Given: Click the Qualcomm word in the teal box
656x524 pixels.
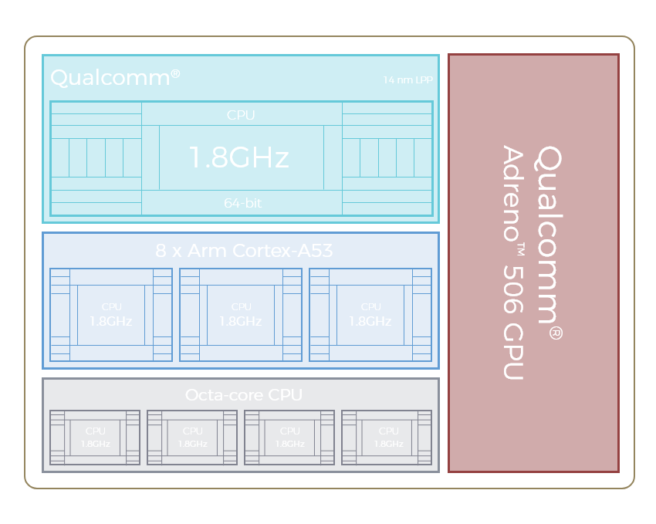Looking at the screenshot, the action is click(110, 78).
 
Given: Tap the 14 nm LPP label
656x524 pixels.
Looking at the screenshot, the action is click(408, 80).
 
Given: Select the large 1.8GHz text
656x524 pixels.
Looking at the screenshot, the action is click(239, 157).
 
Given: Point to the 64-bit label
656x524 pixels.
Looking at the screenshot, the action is click(242, 203).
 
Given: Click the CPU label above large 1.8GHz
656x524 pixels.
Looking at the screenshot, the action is click(241, 115).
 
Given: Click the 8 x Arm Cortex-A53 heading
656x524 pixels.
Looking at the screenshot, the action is click(244, 251).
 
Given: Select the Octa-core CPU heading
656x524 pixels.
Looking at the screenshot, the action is click(243, 395).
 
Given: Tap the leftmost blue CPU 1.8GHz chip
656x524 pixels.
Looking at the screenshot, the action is click(111, 315).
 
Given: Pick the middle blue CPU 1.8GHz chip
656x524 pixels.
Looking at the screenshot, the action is click(241, 315).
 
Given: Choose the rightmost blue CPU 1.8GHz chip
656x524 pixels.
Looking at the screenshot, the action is click(370, 315).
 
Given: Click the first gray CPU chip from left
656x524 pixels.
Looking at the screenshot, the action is click(95, 438).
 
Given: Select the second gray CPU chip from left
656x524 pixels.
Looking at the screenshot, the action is click(192, 438).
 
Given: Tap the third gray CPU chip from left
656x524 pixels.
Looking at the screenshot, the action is click(289, 438).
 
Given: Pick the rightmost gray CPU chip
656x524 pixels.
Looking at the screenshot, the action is click(387, 438).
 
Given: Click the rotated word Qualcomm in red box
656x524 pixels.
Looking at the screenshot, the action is click(548, 234).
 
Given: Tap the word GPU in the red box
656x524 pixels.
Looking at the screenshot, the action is click(514, 351).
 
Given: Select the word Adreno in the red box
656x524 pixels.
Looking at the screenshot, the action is click(513, 193).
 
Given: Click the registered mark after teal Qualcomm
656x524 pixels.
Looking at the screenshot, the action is click(175, 73).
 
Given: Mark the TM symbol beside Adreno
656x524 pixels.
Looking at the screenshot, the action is click(521, 249).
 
